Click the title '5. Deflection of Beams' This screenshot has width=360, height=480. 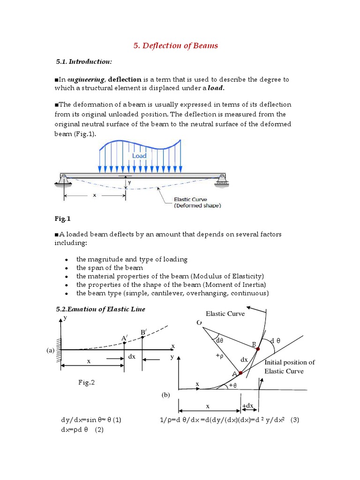pos(173,45)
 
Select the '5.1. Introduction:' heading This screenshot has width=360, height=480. pos(83,61)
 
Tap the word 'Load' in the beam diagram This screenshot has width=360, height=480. pos(139,156)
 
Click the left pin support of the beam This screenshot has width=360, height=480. pos(64,178)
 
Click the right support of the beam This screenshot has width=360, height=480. pos(222,179)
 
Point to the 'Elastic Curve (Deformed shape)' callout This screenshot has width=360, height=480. pos(197,202)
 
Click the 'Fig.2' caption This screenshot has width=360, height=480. pos(86,382)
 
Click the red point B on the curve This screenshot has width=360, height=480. pos(257,349)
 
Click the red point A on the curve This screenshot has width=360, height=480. pos(240,373)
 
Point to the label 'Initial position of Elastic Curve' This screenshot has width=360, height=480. pos(290,367)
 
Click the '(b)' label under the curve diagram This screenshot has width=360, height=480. pos(165,395)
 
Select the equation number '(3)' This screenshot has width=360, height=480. pos(294,420)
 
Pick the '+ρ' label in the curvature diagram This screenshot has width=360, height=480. pos(219,355)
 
